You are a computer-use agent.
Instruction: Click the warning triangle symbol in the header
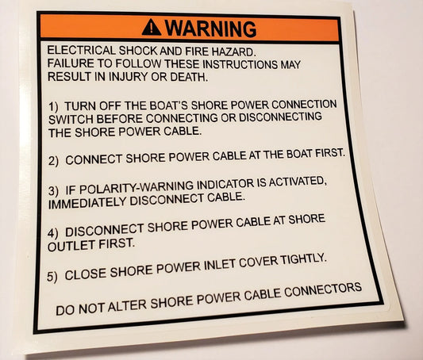[151, 28]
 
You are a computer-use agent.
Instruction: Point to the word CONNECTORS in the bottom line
[322, 288]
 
